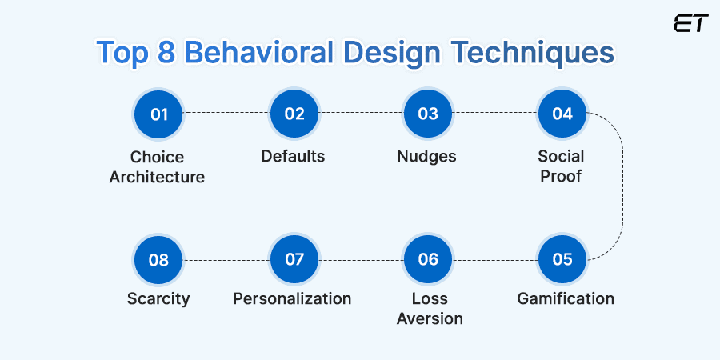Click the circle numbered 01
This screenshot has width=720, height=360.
[159, 114]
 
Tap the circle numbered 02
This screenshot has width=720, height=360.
[294, 114]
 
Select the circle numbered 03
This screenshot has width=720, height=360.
[428, 114]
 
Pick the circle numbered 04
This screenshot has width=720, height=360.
[562, 114]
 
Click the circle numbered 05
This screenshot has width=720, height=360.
[562, 259]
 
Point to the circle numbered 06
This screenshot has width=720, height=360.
[428, 259]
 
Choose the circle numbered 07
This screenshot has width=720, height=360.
[294, 259]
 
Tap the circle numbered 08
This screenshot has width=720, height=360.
[159, 259]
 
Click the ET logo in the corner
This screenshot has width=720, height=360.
[691, 22]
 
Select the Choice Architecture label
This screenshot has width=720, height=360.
[158, 166]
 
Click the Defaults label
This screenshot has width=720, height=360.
[293, 156]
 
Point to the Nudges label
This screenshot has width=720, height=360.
[426, 157]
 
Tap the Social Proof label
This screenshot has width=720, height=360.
[562, 166]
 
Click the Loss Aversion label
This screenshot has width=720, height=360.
[430, 309]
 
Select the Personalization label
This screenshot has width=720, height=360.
[292, 299]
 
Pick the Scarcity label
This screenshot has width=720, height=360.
[158, 299]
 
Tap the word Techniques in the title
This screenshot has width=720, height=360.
[539, 52]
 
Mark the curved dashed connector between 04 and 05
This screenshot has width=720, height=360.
[622, 186]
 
